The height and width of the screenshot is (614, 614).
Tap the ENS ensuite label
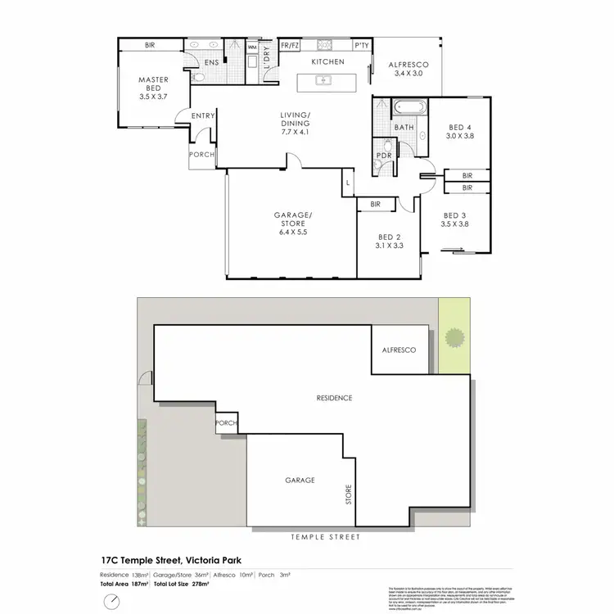click(211, 62)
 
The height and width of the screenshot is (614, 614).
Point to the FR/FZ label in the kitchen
click(290, 47)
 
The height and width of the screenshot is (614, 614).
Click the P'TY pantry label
click(361, 47)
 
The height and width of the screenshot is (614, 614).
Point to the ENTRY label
click(203, 116)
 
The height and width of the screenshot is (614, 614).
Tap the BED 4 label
click(460, 127)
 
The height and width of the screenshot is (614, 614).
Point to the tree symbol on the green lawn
click(454, 337)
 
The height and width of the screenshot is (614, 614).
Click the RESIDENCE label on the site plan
click(334, 398)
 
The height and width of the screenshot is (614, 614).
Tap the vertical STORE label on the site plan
click(348, 494)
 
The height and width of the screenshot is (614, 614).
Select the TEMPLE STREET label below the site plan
click(325, 538)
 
